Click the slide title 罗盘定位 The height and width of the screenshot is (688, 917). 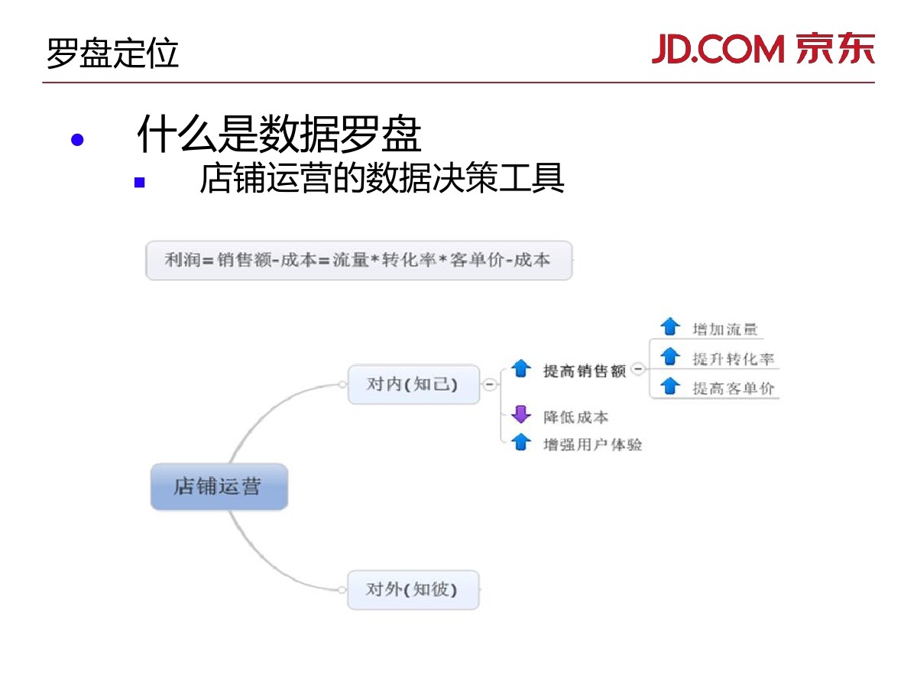coord(112,54)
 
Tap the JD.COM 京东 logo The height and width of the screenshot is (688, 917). coord(763,50)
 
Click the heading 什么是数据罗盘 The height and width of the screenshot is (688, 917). coord(279,135)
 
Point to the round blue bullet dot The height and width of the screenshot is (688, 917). coord(76,141)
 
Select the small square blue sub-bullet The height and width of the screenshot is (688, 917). coord(139,183)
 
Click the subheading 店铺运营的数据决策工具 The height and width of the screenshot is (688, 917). coord(381,180)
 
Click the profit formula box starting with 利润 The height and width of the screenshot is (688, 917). coord(358,261)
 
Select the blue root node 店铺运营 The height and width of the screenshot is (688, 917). coord(219,487)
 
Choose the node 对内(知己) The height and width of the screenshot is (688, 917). coord(413,384)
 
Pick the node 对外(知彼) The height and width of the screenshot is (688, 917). coord(413,589)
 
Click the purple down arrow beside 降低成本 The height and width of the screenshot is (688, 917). coord(520,415)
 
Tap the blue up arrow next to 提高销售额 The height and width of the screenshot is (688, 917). coord(520,368)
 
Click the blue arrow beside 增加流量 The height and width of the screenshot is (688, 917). coord(669,327)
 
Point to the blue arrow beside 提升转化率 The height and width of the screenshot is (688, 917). coord(669,356)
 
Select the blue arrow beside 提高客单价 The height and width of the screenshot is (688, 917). coord(669,385)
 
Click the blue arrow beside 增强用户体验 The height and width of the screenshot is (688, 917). coord(520,442)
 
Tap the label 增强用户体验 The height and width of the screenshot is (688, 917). coord(592,444)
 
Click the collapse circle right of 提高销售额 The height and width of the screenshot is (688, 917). coord(638,368)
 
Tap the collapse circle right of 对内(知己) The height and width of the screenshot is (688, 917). coord(489,385)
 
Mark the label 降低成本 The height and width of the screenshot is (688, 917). coord(575,417)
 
